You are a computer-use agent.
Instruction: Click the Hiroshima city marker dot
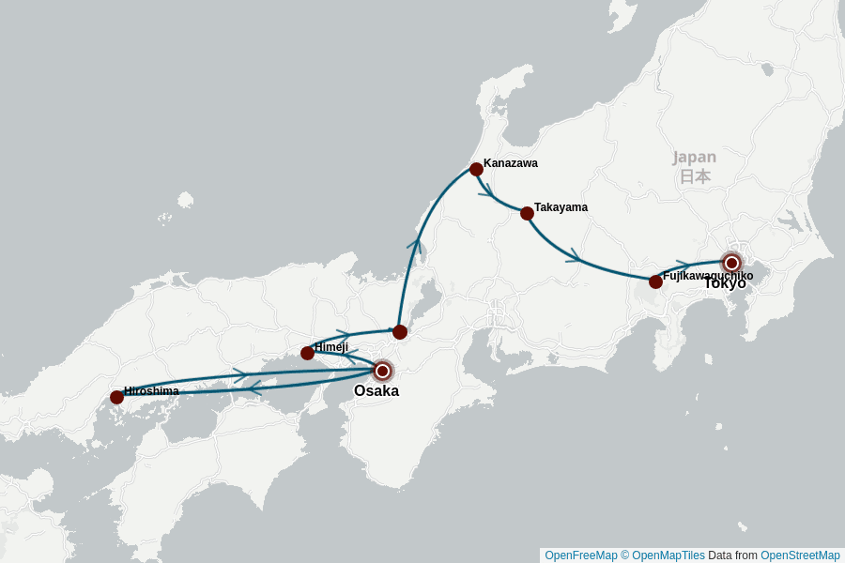click(x=116, y=397)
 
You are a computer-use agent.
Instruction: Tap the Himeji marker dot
click(x=307, y=353)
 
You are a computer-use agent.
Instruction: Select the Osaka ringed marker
click(x=382, y=371)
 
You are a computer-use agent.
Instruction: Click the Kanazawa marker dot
click(x=476, y=169)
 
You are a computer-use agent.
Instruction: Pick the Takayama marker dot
click(x=527, y=213)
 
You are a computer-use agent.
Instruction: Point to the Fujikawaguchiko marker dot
click(x=655, y=281)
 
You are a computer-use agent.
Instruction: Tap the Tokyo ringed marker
click(x=731, y=263)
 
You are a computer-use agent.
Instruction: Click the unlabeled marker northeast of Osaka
click(x=400, y=331)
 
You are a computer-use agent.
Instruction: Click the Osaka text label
click(x=376, y=391)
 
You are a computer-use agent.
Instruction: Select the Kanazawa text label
click(x=511, y=163)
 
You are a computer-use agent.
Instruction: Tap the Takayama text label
click(x=561, y=207)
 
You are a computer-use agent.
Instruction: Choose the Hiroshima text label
click(x=151, y=391)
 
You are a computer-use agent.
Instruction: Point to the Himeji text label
click(x=331, y=347)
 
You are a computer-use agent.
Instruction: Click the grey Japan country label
click(x=694, y=158)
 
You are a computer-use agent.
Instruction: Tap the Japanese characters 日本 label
click(x=695, y=176)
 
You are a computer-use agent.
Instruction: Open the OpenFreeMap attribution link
click(x=580, y=555)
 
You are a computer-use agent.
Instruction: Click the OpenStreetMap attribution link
click(x=800, y=555)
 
